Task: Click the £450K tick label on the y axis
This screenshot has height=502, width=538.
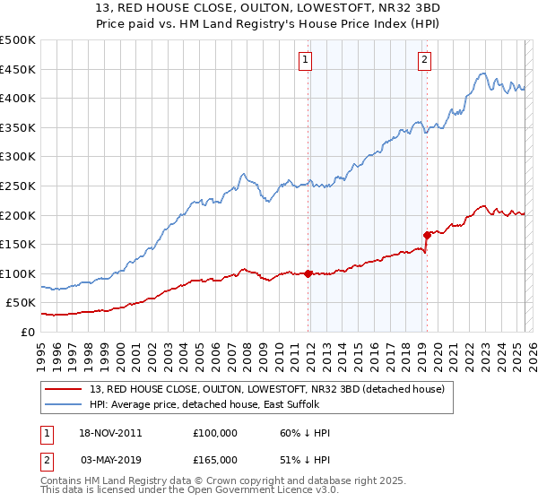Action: (x=18, y=69)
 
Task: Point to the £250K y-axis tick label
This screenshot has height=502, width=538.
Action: (x=18, y=186)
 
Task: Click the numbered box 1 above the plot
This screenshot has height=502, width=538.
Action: (x=306, y=60)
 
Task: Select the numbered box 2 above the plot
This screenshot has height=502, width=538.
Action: (x=423, y=60)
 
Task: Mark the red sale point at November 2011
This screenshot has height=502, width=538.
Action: (x=308, y=273)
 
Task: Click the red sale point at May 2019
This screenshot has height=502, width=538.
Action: (x=426, y=236)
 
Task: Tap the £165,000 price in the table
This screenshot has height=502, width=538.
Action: (x=215, y=459)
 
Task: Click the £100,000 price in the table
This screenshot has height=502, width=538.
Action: (x=215, y=433)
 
